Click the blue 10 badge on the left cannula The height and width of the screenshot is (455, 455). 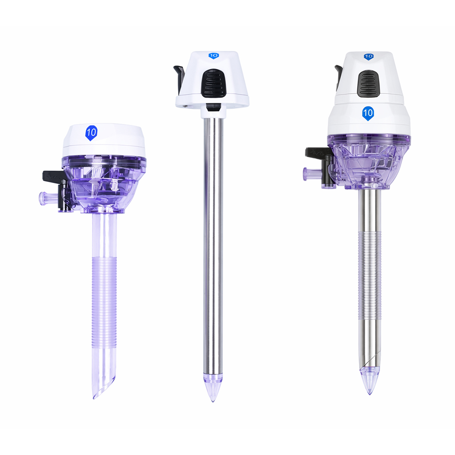[x=91, y=133]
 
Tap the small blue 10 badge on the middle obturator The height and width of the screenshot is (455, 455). [x=214, y=56]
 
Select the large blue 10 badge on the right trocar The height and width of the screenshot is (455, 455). [x=368, y=113]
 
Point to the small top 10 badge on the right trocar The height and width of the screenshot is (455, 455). [x=368, y=56]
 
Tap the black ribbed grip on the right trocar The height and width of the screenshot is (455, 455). [x=368, y=84]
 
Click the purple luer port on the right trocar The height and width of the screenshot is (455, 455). [x=312, y=174]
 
